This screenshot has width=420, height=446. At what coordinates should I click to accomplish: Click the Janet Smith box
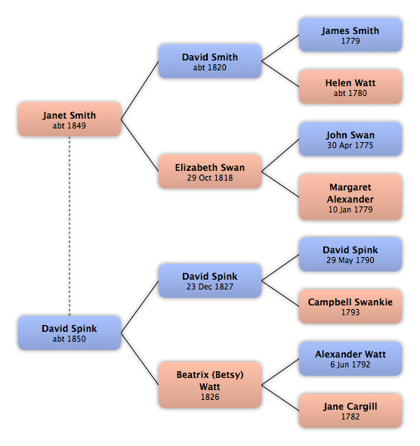69,119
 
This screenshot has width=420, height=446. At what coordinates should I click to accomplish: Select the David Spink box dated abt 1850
69,333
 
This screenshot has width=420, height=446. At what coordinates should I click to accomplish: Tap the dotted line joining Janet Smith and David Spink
69,226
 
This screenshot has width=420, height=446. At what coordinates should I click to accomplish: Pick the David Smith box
210,61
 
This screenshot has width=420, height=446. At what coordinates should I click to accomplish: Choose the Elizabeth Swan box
210,172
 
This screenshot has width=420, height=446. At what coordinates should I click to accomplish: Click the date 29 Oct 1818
210,178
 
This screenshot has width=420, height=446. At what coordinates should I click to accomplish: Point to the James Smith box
351,35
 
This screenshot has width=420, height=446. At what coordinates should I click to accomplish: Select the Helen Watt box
351,87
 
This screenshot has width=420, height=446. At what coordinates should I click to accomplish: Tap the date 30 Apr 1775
350,145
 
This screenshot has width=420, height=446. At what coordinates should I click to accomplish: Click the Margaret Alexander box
351,197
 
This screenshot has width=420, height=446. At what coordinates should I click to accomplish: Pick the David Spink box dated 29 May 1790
351,254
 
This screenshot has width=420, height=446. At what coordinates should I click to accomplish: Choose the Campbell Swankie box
351,306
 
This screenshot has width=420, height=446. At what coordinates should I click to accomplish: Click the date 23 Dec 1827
210,286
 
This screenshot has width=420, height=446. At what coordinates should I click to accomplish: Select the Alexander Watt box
351,358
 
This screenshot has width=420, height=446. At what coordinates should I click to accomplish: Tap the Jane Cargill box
351,410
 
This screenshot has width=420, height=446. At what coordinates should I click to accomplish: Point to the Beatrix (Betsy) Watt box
210,385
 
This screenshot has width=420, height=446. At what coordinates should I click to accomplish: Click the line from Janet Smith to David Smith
140,90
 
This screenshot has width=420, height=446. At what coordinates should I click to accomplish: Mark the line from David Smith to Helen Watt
280,74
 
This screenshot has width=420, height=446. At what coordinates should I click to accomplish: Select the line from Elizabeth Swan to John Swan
280,155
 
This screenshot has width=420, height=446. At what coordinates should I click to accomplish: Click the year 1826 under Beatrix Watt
210,397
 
